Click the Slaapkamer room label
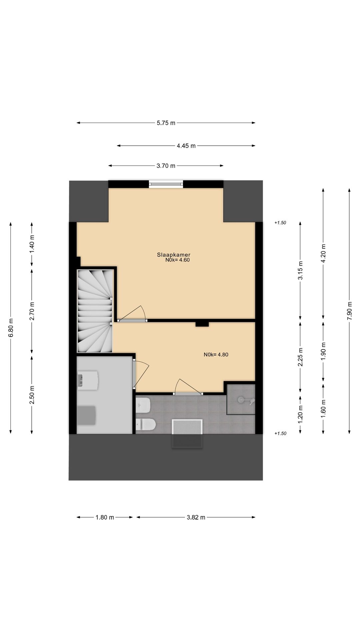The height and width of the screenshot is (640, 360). [173, 255]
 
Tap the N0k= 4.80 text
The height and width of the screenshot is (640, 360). [216, 355]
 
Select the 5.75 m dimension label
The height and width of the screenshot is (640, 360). [166, 123]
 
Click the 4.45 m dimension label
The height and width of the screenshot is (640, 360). [186, 146]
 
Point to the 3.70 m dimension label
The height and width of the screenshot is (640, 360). [166, 166]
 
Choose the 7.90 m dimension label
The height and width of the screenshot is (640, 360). [349, 311]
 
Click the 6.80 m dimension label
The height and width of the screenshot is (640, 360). [11, 328]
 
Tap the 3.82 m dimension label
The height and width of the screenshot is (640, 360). [196, 517]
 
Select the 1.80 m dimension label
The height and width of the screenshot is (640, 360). [105, 517]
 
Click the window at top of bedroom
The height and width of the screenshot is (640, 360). [166, 183]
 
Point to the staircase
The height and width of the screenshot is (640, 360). [95, 311]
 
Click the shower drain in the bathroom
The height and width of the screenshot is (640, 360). [241, 399]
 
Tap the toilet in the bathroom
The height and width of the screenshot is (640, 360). [147, 424]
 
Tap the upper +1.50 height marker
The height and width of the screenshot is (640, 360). [280, 223]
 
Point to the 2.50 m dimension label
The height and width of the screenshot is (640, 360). [32, 395]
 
